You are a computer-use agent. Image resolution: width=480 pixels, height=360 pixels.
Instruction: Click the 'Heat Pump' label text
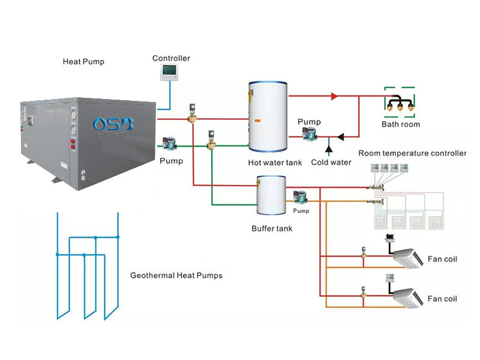point(83,62)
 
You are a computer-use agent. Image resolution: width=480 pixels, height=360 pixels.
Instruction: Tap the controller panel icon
point(170,73)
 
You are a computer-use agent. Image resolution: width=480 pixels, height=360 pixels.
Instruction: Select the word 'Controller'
point(171,58)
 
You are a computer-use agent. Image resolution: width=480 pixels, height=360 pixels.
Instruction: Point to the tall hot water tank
point(268,117)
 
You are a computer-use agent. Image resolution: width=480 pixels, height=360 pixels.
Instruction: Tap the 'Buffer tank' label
point(272,229)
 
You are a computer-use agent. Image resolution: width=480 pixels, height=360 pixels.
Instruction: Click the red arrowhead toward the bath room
point(334,96)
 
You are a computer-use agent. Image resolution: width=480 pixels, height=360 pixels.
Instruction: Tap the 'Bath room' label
point(401,124)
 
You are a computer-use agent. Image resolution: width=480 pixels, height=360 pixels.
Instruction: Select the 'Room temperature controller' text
point(412,154)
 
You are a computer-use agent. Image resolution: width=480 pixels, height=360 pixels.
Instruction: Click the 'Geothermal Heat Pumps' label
point(176,276)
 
